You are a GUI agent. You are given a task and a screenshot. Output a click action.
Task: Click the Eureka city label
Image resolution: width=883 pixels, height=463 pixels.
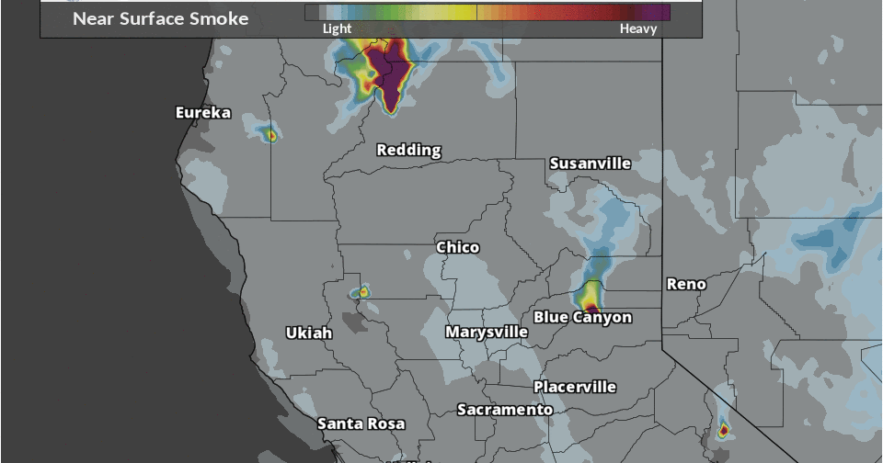pyautogui.click(x=203, y=113)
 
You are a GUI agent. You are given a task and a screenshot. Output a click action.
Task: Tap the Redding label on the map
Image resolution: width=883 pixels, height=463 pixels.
pyautogui.click(x=408, y=150)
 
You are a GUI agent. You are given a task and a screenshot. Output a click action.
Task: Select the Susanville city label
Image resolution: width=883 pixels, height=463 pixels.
pyautogui.click(x=590, y=164)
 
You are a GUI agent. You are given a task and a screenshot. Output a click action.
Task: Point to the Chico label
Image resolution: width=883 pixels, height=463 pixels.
pyautogui.click(x=457, y=247)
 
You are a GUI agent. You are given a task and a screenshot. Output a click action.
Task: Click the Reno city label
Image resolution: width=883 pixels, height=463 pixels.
pyautogui.click(x=686, y=284)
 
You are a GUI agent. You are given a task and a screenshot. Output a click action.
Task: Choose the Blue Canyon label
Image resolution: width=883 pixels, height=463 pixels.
pyautogui.click(x=582, y=318)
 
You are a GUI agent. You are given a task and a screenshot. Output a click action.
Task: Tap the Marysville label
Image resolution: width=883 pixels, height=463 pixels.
pyautogui.click(x=487, y=332)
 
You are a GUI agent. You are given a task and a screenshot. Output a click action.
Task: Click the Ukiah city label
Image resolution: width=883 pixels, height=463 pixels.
pyautogui.click(x=308, y=333)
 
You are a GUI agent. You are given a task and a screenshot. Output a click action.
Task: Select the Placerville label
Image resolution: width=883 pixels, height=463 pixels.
pyautogui.click(x=574, y=387)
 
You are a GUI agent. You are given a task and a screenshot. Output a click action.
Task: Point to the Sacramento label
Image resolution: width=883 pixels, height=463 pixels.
pyautogui.click(x=505, y=410)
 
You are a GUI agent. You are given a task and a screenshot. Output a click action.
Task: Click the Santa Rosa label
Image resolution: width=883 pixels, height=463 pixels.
pyautogui.click(x=361, y=423)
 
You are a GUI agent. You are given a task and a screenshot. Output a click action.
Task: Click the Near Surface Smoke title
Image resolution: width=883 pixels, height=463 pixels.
pyautogui.click(x=160, y=18)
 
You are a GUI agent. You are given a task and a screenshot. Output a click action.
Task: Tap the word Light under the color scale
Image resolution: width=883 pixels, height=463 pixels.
pyautogui.click(x=337, y=28)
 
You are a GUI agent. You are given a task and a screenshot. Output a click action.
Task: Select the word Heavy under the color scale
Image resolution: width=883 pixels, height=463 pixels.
pyautogui.click(x=638, y=28)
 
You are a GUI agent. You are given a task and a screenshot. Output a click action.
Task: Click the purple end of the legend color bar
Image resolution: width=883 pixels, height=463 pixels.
pyautogui.click(x=655, y=12)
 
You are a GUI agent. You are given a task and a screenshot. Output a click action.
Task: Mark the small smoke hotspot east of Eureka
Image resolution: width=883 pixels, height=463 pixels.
pyautogui.click(x=270, y=135)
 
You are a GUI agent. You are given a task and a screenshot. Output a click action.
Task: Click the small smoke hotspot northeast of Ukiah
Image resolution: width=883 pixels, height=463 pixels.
pyautogui.click(x=363, y=291)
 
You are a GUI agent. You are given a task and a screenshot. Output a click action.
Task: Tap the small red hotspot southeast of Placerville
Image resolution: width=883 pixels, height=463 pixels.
pyautogui.click(x=723, y=429)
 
